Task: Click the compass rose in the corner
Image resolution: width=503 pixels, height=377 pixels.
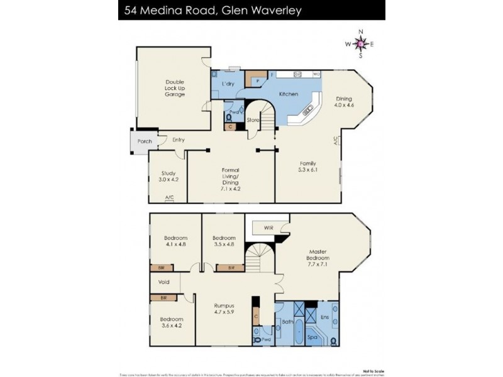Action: [360, 43]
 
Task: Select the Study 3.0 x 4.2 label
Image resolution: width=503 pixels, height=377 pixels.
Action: [168, 177]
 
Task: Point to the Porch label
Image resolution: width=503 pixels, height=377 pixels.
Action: [145, 141]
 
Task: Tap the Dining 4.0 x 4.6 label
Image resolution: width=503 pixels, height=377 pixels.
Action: [344, 102]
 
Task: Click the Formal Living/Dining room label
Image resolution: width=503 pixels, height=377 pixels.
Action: [231, 178]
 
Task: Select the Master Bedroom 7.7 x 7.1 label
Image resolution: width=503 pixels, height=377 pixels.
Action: [318, 256]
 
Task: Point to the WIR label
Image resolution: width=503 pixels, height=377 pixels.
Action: [268, 226]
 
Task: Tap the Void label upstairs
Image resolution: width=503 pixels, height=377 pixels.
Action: [163, 282]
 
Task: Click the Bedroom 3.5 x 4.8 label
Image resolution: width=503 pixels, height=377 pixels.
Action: [224, 242]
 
